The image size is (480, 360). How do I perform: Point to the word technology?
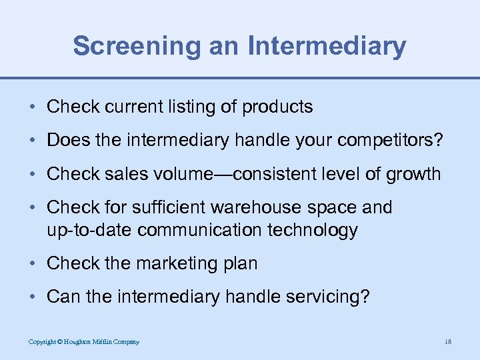click(315, 231)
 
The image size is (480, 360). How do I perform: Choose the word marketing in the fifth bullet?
click(167, 264)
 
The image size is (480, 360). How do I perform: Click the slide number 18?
click(447, 342)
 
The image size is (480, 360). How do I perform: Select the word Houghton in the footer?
click(81, 342)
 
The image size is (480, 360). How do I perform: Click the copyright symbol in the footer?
click(60, 342)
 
